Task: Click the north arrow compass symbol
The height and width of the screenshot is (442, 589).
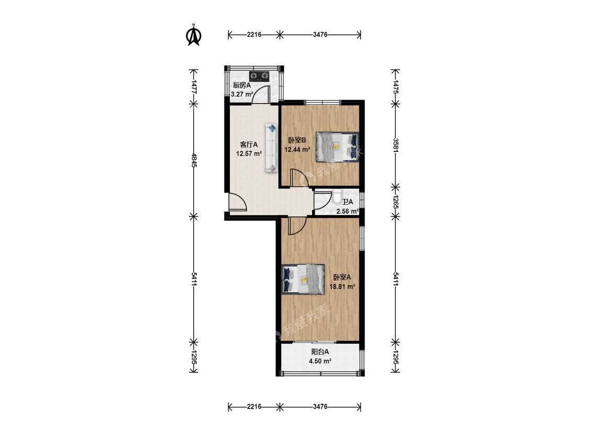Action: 194,35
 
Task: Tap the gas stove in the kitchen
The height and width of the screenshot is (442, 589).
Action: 260,76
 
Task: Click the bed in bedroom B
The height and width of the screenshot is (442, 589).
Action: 337,147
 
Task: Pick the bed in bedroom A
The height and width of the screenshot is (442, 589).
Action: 303,279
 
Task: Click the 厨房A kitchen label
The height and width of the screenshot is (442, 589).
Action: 242,85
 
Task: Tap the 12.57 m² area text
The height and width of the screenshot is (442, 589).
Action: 249,153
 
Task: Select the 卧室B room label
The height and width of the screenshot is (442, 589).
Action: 297,140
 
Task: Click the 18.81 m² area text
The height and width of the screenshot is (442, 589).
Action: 342,286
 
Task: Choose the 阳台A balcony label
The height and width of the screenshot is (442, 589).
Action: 320,352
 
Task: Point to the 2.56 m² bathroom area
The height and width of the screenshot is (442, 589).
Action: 348,211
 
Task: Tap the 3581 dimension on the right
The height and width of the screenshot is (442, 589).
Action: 396,145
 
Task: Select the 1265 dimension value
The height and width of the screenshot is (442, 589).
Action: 396,202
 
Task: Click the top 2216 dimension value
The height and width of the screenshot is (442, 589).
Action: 254,35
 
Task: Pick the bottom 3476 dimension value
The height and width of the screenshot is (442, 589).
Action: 320,407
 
